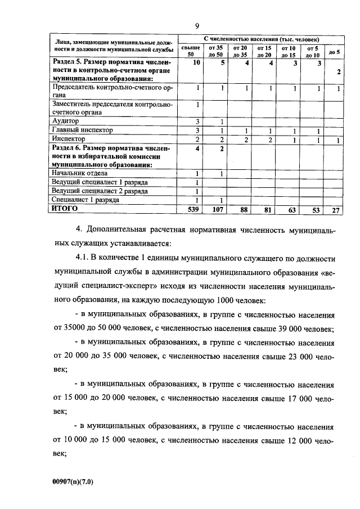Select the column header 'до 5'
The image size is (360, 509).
(x=333, y=52)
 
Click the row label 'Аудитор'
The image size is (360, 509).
(x=65, y=121)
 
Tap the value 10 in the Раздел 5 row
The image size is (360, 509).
(x=196, y=63)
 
